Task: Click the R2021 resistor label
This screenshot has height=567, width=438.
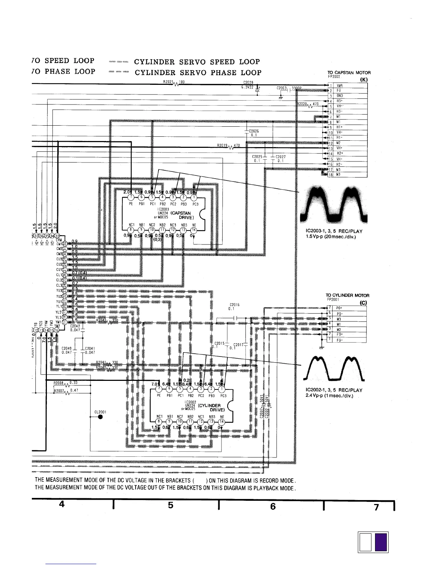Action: pos(168,82)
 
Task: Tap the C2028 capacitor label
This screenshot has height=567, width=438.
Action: pos(248,82)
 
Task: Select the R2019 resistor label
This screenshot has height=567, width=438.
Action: pos(222,146)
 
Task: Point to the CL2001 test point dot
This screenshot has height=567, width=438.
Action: pos(101,420)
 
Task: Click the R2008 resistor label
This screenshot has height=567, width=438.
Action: pos(58,383)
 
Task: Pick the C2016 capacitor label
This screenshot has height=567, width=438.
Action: pos(234,305)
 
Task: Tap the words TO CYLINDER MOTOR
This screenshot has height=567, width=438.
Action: pos(347,295)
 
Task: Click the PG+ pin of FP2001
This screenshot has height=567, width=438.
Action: pos(339,308)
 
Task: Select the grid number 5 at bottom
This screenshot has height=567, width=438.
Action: pos(171,505)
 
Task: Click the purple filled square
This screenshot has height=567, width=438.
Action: pos(381,543)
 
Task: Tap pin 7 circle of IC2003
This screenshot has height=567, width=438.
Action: pos(131,198)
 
